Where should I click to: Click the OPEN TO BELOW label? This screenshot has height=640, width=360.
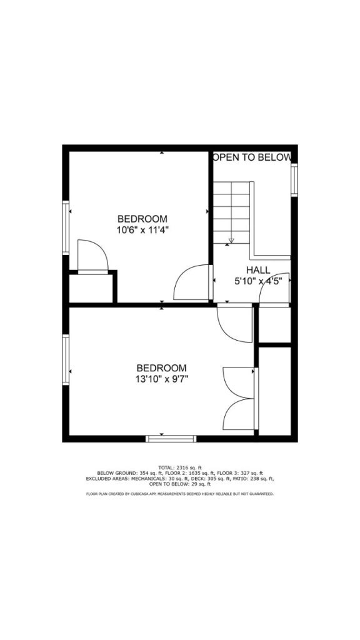click(252, 157)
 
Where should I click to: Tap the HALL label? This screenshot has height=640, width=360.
click(257, 270)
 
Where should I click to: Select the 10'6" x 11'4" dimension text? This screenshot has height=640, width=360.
click(142, 229)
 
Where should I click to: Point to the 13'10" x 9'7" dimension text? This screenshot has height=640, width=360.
click(162, 378)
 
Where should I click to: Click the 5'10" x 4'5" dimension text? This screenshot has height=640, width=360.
click(258, 281)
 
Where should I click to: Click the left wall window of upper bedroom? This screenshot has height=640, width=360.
click(65, 227)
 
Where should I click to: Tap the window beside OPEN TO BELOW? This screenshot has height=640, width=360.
click(294, 181)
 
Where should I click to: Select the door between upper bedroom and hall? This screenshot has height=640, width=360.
click(192, 282)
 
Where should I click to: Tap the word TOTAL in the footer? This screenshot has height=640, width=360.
click(166, 467)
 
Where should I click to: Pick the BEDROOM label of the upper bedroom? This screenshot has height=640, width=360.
click(142, 219)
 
